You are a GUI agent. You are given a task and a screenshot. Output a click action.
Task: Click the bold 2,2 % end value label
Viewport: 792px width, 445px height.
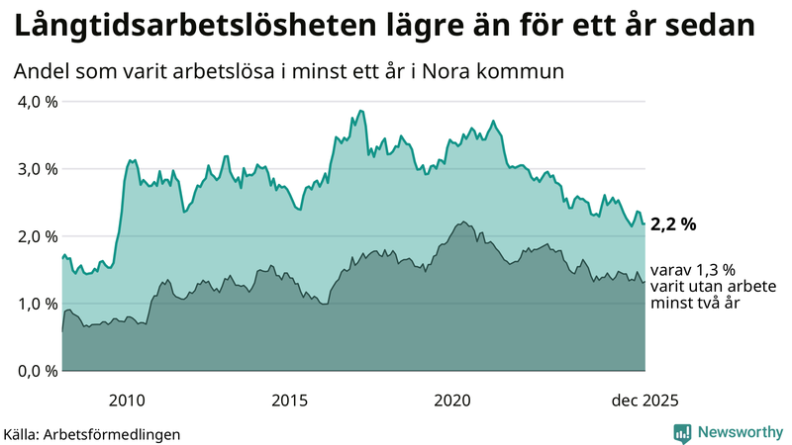[x=673, y=224]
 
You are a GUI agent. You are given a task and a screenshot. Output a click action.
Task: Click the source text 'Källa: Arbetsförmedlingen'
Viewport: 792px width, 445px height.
[x=92, y=434]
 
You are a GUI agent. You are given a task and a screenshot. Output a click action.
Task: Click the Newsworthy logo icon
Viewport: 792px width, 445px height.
[x=682, y=432]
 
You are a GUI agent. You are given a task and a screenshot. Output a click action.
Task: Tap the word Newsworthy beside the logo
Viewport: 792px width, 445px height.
[x=739, y=432]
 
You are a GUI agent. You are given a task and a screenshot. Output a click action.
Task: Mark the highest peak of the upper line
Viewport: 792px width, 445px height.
[x=360, y=111]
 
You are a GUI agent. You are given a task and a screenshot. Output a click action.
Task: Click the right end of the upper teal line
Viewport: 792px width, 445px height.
[x=644, y=223]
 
